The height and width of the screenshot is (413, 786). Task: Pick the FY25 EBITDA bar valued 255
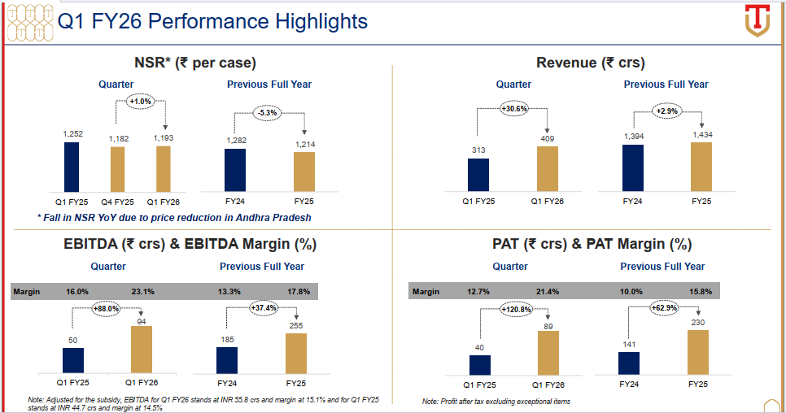[296, 353]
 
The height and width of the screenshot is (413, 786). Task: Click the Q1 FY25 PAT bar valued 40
[480, 366]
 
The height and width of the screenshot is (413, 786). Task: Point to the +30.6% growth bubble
[513, 108]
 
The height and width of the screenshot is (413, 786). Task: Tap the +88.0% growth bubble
[108, 308]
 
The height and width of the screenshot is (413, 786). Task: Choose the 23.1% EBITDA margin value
[143, 291]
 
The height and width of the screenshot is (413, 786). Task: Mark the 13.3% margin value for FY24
[228, 291]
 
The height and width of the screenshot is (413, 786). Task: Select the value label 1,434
[701, 134]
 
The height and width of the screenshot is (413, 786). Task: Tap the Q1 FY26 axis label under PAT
[548, 384]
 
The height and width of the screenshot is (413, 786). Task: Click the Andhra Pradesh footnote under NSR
[174, 217]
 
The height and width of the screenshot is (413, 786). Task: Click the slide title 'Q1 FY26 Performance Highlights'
[213, 21]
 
